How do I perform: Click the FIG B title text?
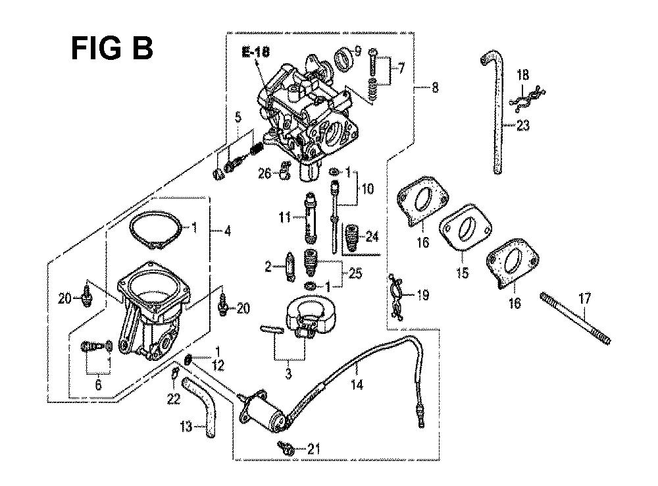[x=112, y=48]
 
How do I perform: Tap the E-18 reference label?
[x=255, y=52]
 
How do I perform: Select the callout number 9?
[x=357, y=51]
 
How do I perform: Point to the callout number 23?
[x=523, y=125]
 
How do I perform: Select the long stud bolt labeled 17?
[x=574, y=319]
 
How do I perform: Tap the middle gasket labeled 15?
[x=465, y=229]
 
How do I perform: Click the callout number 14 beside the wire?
[x=357, y=385]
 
